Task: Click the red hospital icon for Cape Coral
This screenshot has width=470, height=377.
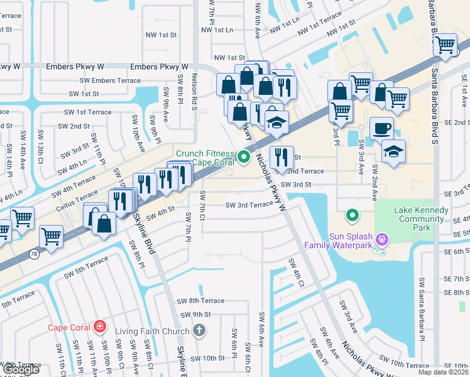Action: tap(99, 327)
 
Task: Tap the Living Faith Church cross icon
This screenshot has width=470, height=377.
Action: tap(199, 331)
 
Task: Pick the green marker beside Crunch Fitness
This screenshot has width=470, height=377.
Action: tap(241, 158)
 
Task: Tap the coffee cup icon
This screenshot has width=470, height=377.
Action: tap(381, 129)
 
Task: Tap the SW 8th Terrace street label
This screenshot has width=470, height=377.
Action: tap(200, 301)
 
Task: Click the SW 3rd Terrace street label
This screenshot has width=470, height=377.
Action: tap(249, 205)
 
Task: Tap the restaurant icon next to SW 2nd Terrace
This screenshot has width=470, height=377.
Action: tap(281, 157)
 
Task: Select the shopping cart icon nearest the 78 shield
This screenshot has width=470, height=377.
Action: tap(51, 237)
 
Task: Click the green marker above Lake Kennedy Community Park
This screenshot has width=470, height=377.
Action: tap(352, 216)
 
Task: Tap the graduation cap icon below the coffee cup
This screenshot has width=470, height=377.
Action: tap(393, 151)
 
